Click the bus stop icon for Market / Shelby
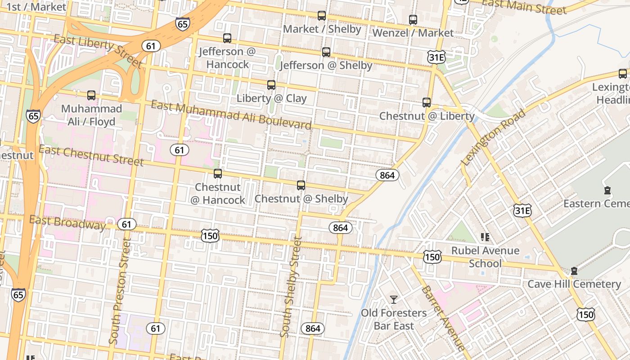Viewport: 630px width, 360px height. pyautogui.click(x=321, y=16)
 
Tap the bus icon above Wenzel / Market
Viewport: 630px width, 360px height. pyautogui.click(x=413, y=20)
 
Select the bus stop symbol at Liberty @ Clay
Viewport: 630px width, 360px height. pyautogui.click(x=271, y=85)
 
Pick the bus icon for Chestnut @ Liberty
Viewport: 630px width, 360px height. pyautogui.click(x=426, y=103)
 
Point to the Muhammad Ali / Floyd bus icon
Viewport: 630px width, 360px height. pyautogui.click(x=91, y=95)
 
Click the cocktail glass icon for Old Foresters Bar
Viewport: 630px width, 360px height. pyautogui.click(x=394, y=299)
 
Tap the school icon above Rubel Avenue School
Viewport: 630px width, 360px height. pyautogui.click(x=485, y=237)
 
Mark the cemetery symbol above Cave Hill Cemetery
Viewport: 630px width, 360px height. pyautogui.click(x=574, y=271)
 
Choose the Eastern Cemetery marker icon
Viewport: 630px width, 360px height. pyautogui.click(x=607, y=190)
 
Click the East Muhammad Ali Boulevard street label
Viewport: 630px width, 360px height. pyautogui.click(x=231, y=115)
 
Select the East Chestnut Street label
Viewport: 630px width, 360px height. pyautogui.click(x=91, y=155)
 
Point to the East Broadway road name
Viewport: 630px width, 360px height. pyautogui.click(x=67, y=222)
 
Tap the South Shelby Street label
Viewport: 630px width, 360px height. pyautogui.click(x=291, y=288)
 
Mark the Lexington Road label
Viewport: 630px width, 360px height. pyautogui.click(x=493, y=137)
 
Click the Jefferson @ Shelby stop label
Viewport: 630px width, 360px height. pyautogui.click(x=326, y=66)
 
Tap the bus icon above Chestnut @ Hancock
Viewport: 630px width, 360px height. pyautogui.click(x=218, y=174)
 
